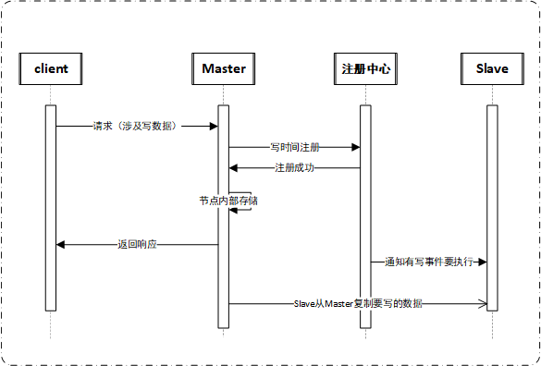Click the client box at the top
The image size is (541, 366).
[x=51, y=69]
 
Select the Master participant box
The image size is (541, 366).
[x=223, y=69]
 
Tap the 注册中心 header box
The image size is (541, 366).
[x=365, y=69]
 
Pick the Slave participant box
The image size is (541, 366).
[x=492, y=69]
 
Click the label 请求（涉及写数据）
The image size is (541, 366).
[x=135, y=126]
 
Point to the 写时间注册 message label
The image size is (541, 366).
[x=295, y=147]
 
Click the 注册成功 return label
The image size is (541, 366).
[x=294, y=168]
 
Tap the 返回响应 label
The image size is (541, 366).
[x=137, y=245]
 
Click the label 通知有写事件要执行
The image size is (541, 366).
[x=429, y=262]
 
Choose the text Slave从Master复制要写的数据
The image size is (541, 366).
[x=360, y=303]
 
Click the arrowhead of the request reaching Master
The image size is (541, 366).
[x=213, y=126]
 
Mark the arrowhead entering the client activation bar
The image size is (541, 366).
[x=61, y=245]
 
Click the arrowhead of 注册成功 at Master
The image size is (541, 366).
[x=233, y=168]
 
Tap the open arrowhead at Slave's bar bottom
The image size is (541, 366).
[x=482, y=303]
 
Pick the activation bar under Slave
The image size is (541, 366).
[x=492, y=208]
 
